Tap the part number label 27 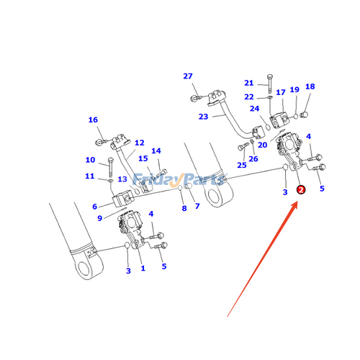pos(188,77)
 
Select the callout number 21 pos(249,83)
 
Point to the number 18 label pos(310,86)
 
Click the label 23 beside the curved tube pos(203,117)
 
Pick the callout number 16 pos(93,120)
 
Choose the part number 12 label pos(140,143)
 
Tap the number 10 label pos(90,160)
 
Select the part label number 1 pos(143,269)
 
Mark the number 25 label pos(242,166)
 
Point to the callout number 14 pos(156,151)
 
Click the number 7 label pos(197,207)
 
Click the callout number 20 pos(262,145)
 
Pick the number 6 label pos(95,206)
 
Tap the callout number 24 pos(254,109)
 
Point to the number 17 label pos(281,92)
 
